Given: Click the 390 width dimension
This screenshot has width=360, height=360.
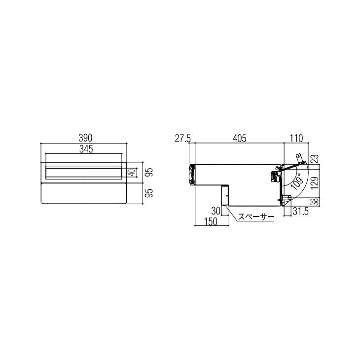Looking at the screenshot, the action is click(85, 138).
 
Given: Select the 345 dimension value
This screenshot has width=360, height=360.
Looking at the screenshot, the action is click(86, 149).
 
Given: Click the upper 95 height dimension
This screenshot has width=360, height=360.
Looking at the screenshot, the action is click(149, 172).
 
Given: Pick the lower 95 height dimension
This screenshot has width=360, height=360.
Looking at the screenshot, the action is click(149, 193).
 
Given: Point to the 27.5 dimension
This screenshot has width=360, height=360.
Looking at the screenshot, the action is click(183, 139).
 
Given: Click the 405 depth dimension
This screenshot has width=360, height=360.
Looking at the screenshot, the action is click(240, 139).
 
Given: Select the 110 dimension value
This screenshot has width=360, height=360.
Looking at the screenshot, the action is click(296, 139).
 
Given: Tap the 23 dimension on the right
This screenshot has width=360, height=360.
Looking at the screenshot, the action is click(316, 159).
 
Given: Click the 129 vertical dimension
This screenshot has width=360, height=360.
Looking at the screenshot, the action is click(316, 183).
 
